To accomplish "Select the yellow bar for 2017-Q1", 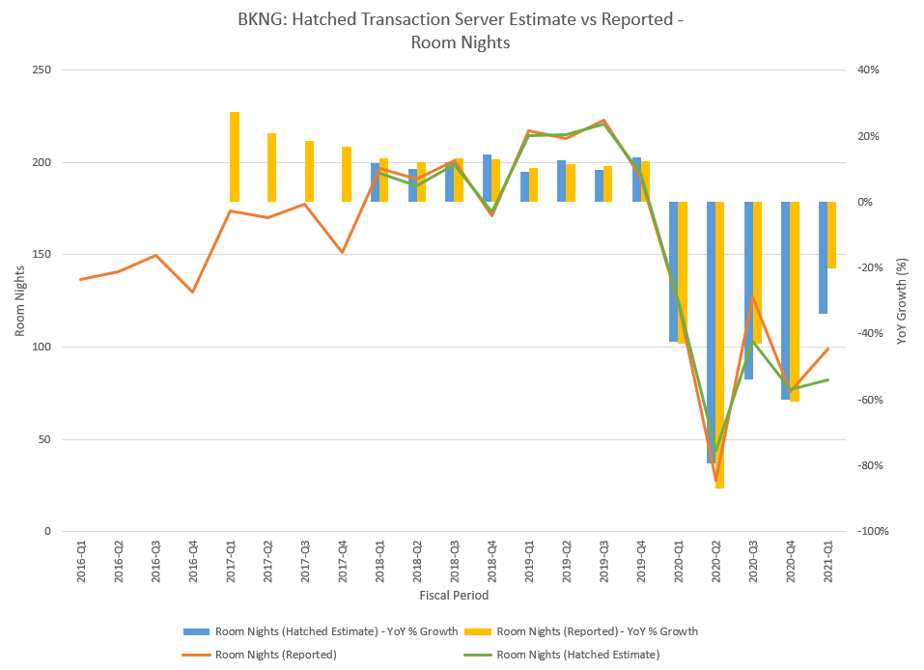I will (x=235, y=156).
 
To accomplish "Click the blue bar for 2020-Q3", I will (x=748, y=290).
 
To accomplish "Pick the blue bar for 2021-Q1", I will (x=823, y=257).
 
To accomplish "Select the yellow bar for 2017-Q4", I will (x=347, y=174).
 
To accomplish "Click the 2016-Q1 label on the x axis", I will (x=81, y=561).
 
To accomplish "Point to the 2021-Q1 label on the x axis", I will (x=827, y=561).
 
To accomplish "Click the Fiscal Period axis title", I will (x=454, y=596).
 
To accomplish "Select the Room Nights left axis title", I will (x=20, y=301).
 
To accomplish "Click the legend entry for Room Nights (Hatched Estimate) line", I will (x=577, y=654).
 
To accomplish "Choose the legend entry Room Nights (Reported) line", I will (x=276, y=654).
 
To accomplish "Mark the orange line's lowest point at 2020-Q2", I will (x=715, y=480).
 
